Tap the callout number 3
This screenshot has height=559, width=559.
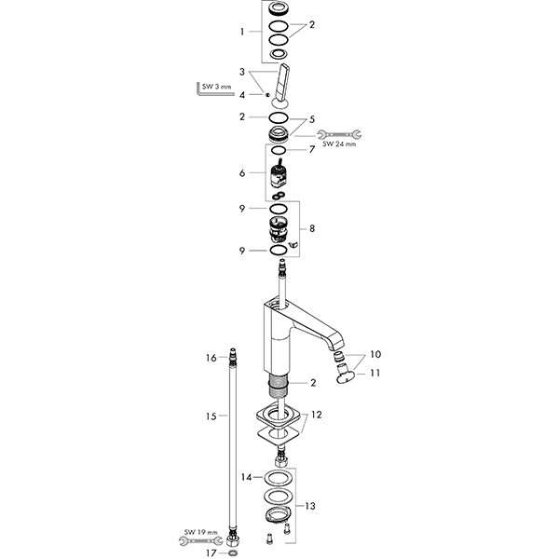(242, 72)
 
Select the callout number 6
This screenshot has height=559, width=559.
(242, 173)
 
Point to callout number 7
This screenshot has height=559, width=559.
(314, 150)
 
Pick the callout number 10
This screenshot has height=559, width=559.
(376, 354)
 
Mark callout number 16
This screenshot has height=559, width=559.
(211, 358)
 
